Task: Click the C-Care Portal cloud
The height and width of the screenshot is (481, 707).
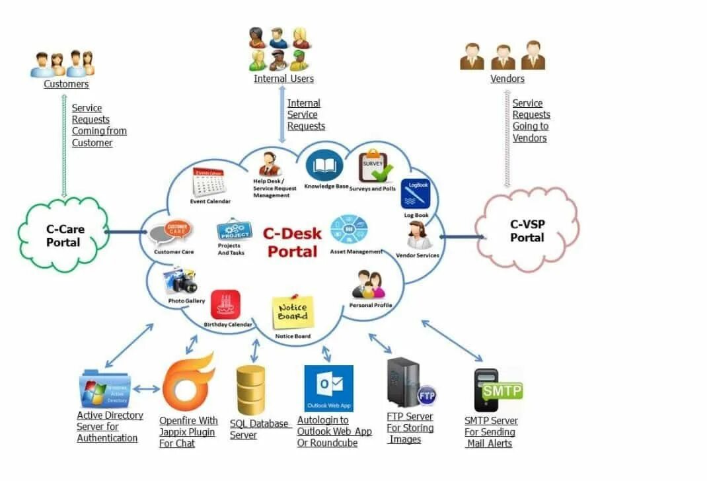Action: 63,236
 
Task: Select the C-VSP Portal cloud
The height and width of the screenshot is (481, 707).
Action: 527,230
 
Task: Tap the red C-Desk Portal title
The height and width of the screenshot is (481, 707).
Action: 292,241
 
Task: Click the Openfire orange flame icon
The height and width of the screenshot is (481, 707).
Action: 188,383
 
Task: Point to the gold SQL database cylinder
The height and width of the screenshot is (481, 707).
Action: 251,390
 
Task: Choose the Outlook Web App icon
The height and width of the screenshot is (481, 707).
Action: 328,388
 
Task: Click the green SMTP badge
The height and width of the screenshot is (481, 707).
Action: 502,390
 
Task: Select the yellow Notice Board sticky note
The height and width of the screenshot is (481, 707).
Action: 293,312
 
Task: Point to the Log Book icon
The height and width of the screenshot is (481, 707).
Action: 416,194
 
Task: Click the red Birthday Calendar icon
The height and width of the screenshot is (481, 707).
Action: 226,304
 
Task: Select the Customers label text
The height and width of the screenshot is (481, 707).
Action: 66,84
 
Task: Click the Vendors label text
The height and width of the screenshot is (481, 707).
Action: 507,79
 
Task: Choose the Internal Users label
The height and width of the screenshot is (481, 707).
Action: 283,79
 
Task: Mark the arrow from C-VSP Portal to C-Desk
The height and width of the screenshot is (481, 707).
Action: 461,236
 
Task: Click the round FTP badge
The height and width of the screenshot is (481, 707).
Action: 426,395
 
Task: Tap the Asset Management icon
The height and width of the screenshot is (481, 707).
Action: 348,230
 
